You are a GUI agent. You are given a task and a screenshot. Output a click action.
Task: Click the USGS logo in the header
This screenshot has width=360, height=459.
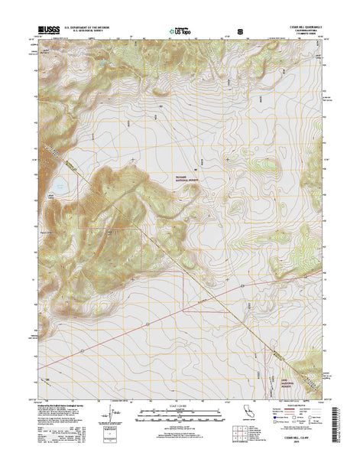44,32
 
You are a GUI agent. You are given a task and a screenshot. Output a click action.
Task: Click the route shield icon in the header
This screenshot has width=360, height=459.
242,33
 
